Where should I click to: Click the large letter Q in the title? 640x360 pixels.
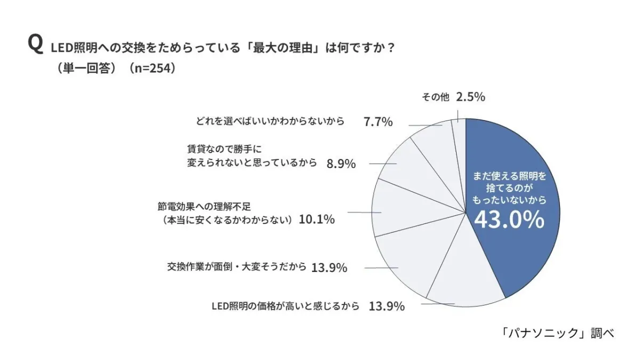(35, 45)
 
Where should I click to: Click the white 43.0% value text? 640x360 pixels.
(509, 219)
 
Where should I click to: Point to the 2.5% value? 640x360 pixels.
(470, 97)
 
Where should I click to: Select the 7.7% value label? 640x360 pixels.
(378, 122)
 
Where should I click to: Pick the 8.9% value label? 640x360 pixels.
(340, 164)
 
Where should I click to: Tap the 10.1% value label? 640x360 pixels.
(317, 219)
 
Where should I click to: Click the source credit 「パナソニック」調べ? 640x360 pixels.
(558, 333)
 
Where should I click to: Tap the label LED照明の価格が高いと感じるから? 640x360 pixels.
(286, 306)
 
